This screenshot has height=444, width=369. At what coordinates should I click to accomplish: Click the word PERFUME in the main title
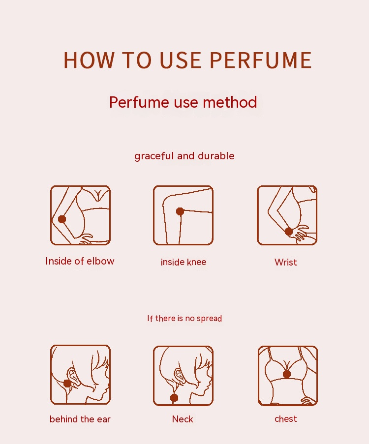click(261, 60)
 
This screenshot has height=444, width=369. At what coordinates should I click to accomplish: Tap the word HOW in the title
click(89, 60)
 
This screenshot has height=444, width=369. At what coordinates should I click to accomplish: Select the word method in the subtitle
click(230, 102)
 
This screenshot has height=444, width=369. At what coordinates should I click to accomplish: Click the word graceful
click(154, 156)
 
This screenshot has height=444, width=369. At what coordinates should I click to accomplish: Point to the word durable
click(216, 156)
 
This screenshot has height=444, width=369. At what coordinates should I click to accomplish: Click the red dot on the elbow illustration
click(62, 219)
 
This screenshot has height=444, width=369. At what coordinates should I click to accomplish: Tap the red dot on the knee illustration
click(180, 211)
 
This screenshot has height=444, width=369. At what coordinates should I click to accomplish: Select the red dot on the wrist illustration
click(289, 232)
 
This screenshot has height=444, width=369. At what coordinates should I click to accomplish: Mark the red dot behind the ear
click(67, 384)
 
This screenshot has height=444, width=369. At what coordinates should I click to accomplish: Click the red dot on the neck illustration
click(174, 398)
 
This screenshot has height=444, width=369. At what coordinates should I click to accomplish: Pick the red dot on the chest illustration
click(287, 374)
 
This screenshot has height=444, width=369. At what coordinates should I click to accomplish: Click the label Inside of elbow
click(80, 261)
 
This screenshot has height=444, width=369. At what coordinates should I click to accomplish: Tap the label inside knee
click(184, 262)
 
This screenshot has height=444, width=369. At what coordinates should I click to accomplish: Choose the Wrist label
click(286, 262)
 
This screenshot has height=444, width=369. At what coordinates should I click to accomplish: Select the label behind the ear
click(80, 419)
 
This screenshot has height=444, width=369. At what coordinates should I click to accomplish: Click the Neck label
click(183, 419)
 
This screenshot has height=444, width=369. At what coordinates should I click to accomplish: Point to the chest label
click(286, 419)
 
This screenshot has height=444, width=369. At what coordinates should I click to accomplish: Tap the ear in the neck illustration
click(179, 375)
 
